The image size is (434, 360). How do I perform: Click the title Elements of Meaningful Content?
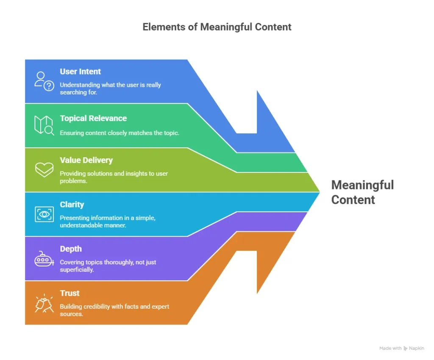217,27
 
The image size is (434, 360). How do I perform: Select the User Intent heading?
80,72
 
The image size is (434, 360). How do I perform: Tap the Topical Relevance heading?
93,118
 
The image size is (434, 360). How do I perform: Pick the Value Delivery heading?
86,160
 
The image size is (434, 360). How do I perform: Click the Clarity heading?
72,205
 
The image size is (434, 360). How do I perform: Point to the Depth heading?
70,249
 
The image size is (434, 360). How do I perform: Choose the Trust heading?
70,293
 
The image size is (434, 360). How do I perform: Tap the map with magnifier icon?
44,125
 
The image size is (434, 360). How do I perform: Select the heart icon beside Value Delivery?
44,169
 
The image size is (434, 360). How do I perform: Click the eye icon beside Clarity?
44,214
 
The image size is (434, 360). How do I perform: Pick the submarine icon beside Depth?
44,258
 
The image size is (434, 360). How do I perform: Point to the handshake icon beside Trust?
44,303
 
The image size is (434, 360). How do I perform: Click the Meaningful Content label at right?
362,192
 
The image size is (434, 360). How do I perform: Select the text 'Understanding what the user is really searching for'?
110,89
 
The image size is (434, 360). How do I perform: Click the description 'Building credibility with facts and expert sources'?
114,310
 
